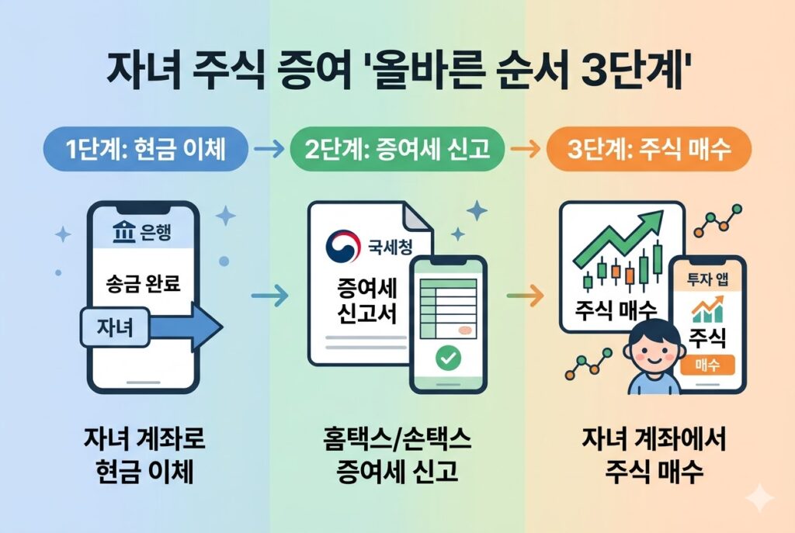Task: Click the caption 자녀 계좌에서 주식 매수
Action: (x=652, y=455)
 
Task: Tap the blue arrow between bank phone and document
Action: (x=269, y=296)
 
